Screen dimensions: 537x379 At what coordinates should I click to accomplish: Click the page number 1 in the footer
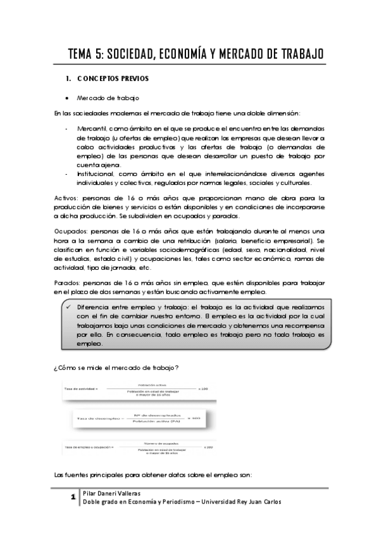coord(74,498)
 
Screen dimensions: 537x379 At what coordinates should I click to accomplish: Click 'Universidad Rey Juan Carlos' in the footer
coord(251,502)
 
